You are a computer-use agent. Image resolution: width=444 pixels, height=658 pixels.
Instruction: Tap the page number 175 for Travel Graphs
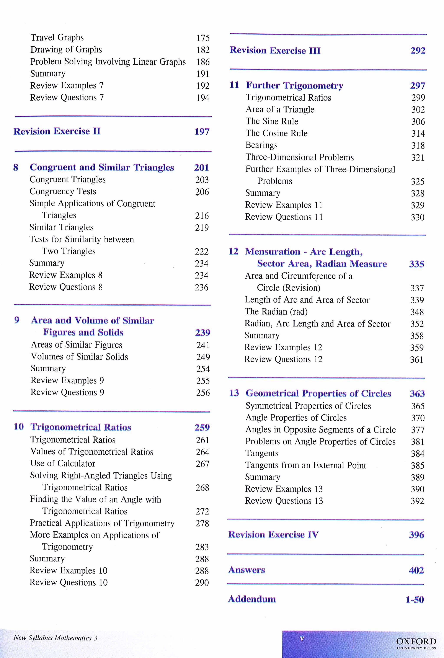coord(203,38)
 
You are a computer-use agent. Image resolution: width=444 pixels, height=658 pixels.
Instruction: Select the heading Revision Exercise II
coord(57,131)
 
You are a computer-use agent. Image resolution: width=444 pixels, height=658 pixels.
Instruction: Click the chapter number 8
coord(16,167)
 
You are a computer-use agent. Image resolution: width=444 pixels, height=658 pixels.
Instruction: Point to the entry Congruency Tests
coord(63,191)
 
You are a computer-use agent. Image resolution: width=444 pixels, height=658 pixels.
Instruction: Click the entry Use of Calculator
coord(63,464)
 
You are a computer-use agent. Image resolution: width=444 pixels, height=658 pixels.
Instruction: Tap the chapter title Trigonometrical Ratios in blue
coord(81,427)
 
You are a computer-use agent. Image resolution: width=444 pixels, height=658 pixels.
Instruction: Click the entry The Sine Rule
coord(272,121)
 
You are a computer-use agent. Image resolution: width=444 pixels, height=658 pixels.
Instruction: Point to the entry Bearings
coord(261,145)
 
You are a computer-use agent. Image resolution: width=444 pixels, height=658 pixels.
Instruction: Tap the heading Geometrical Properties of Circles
coord(318,393)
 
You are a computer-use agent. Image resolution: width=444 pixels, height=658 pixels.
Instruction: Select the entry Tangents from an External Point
coord(305,465)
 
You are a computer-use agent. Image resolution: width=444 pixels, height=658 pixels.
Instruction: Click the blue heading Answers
coord(247,570)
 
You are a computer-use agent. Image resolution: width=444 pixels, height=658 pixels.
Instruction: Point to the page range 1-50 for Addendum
coord(415,599)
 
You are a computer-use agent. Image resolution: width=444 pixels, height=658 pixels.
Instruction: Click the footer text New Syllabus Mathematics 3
coord(55,638)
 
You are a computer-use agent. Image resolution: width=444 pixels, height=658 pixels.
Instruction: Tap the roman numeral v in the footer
coord(302,638)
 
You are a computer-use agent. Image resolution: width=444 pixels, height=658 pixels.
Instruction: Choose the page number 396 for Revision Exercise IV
coord(416,535)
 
